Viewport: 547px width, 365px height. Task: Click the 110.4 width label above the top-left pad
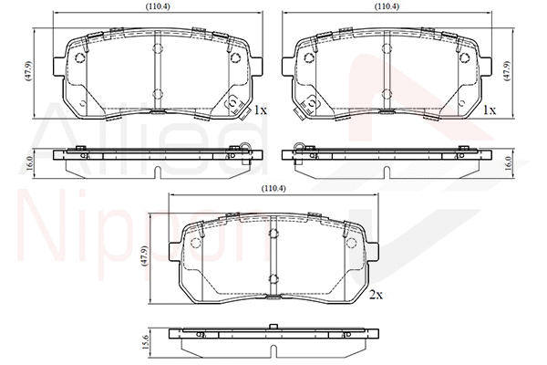tap(158, 6)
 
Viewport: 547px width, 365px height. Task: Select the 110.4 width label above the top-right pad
tap(387, 6)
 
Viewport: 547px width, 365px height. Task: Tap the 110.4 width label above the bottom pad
tap(273, 189)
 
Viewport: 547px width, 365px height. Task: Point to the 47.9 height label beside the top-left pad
tap(28, 71)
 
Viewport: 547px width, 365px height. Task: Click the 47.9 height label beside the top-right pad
tap(507, 71)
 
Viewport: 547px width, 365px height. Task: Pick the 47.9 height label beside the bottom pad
tap(144, 256)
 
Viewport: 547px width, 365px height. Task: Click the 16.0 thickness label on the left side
tap(29, 163)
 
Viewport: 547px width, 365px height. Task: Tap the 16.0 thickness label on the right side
tap(508, 163)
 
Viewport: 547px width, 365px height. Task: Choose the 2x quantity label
tap(376, 295)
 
